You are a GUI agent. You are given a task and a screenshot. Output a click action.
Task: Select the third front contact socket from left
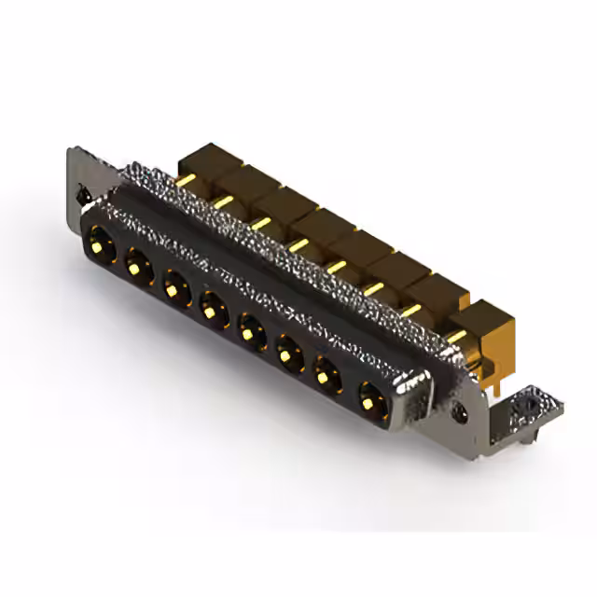175,285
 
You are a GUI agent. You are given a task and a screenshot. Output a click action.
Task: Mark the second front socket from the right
327,376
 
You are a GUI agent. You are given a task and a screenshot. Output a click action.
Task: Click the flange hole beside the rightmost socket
459,409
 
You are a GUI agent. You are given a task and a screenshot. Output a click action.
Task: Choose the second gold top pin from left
223,200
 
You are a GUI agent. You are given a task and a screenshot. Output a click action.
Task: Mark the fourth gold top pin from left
298,243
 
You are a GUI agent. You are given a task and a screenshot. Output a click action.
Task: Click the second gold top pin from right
411,311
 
